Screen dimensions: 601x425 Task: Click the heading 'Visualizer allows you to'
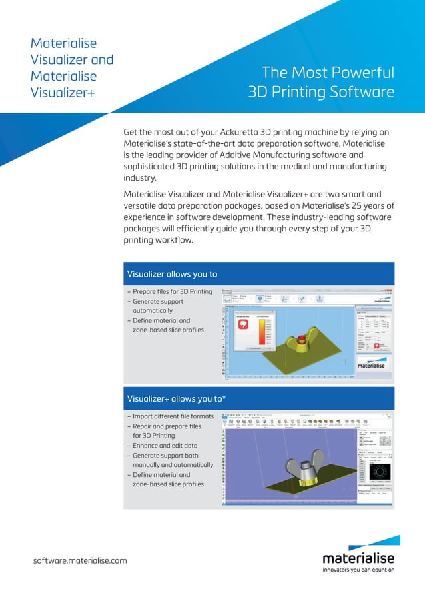pyautogui.click(x=172, y=274)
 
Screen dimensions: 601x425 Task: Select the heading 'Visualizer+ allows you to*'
pyautogui.click(x=175, y=398)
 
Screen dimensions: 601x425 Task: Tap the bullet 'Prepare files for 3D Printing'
pyautogui.click(x=172, y=291)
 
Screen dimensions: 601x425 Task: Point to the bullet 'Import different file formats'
pyautogui.click(x=172, y=416)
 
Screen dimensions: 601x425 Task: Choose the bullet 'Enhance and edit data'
pyautogui.click(x=165, y=446)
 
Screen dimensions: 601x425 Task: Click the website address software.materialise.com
pyautogui.click(x=80, y=560)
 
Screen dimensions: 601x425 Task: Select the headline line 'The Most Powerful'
pyautogui.click(x=328, y=73)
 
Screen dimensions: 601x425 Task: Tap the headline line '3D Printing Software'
pyautogui.click(x=320, y=91)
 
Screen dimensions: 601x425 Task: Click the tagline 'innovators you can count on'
pyautogui.click(x=358, y=570)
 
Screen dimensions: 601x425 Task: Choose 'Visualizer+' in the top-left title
pyautogui.click(x=63, y=92)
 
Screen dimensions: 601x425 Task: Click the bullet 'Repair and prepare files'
pyautogui.click(x=167, y=426)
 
